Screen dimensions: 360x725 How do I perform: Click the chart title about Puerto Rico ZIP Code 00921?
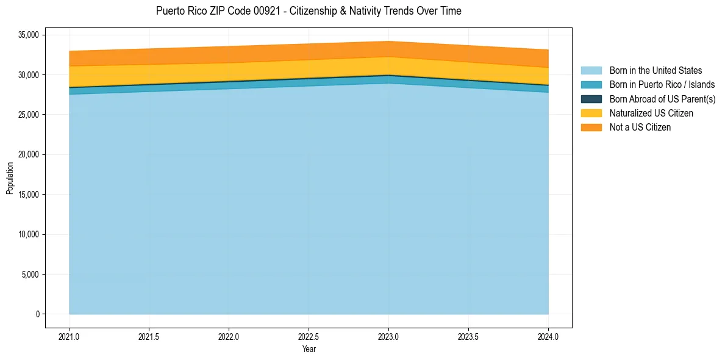(x=309, y=11)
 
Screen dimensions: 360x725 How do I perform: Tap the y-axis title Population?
(x=10, y=178)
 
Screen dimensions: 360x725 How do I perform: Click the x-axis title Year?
(x=309, y=350)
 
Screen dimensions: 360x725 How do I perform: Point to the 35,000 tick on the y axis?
(x=28, y=35)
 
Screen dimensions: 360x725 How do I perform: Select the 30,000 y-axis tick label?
(x=28, y=75)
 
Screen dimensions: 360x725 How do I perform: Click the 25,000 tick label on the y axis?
(x=28, y=115)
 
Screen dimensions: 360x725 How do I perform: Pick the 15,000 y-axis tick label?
(x=28, y=195)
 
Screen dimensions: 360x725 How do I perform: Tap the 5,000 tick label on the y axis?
(x=30, y=275)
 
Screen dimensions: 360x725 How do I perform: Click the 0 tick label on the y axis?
(x=37, y=314)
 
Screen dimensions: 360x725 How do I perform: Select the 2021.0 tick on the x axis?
(x=70, y=336)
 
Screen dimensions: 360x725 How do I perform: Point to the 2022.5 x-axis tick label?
(x=309, y=336)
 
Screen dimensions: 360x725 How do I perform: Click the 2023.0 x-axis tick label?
(x=388, y=336)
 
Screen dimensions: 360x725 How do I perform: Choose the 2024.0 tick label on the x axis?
(x=548, y=336)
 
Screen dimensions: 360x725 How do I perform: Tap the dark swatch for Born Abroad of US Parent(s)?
(x=591, y=99)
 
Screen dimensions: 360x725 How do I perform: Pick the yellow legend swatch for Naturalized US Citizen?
(x=591, y=113)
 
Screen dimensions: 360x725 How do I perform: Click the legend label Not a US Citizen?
(x=640, y=128)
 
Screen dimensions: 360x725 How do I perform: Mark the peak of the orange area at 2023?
(x=388, y=41)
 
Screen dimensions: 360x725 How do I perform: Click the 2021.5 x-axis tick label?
(x=149, y=336)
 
